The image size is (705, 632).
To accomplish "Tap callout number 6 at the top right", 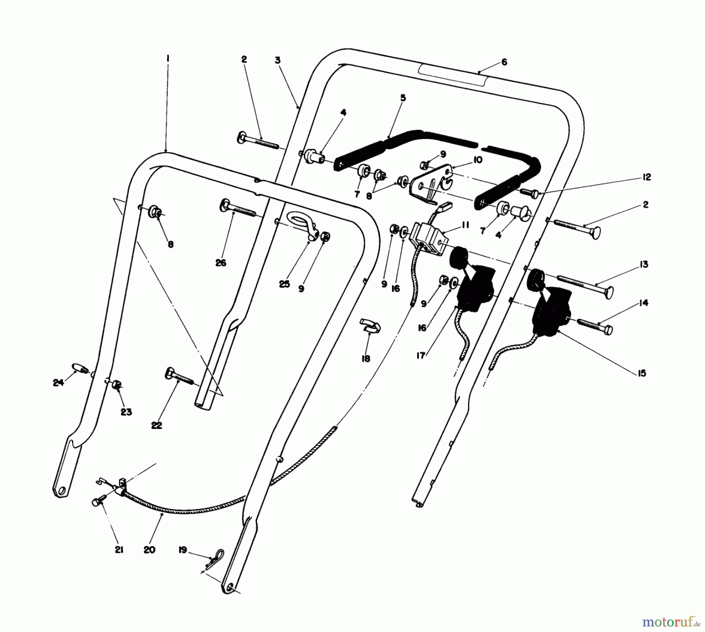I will coord(504,62).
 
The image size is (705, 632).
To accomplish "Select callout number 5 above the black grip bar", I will coord(403,98).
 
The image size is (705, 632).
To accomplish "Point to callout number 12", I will coord(647,177).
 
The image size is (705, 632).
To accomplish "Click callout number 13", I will coord(644,264).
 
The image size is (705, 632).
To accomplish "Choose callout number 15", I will coord(642,373).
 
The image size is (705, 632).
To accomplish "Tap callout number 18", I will coord(365,359).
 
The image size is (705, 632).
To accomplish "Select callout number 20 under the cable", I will coord(150,550).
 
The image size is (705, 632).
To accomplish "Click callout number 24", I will coord(58,383).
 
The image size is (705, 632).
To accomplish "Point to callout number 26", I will coord(221,263).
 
